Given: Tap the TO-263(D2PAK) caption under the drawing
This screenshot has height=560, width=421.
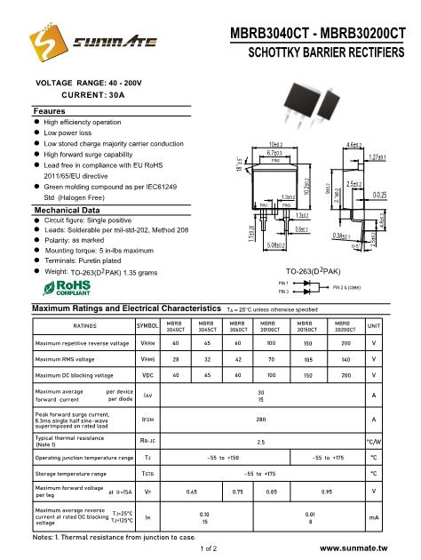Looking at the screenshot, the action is click(x=315, y=268).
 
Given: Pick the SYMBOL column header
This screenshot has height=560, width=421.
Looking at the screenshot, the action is click(x=147, y=326).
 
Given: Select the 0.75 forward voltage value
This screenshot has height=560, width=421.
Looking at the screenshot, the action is click(x=237, y=490).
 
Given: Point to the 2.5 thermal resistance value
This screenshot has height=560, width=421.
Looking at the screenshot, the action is click(x=260, y=441).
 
